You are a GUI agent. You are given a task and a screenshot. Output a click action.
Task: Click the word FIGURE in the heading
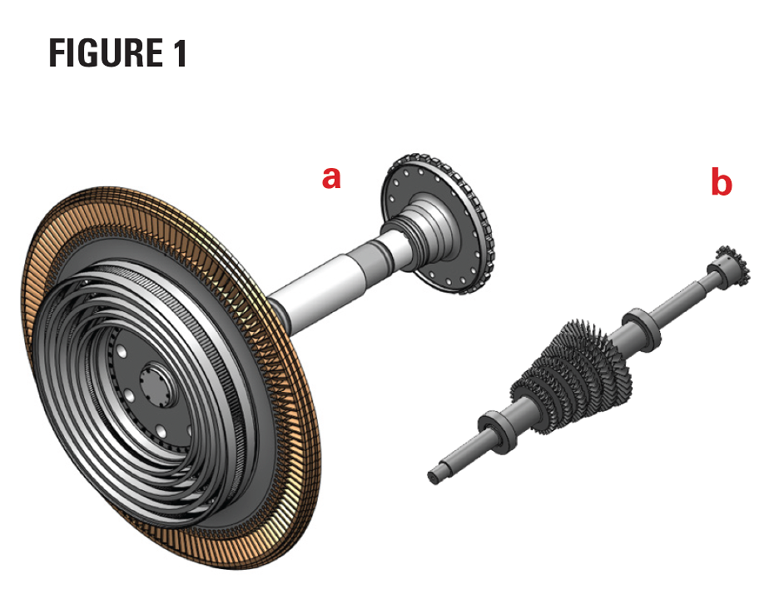(106, 53)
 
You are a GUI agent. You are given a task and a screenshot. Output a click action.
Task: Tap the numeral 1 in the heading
(180, 53)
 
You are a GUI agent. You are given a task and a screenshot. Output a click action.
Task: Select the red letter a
(331, 177)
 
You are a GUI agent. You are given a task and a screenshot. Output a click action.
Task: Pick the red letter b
(722, 181)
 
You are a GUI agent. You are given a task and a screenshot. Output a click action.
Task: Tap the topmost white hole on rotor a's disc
(121, 352)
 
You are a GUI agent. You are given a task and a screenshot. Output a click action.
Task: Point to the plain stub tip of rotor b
(434, 477)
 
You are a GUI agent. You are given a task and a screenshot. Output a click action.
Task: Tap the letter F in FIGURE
(57, 53)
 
